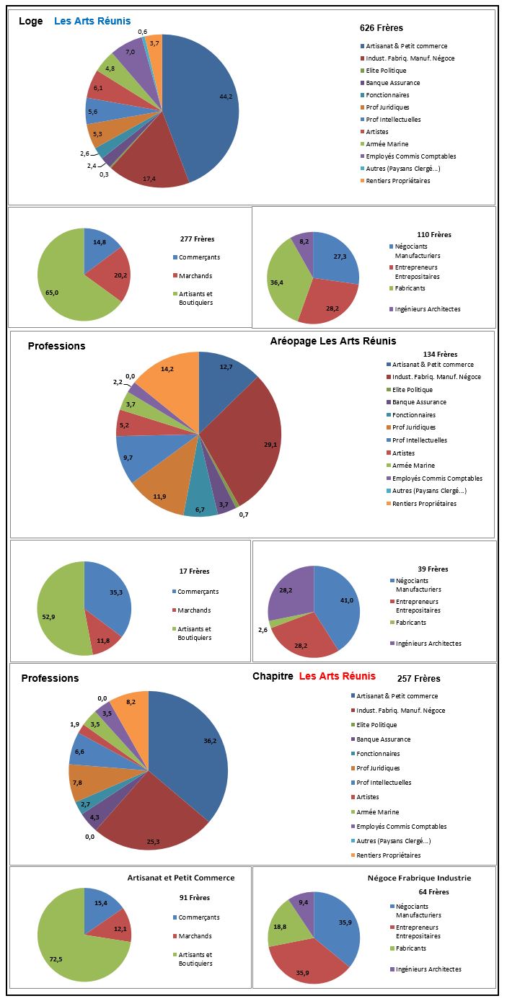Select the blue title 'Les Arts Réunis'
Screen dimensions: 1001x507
coord(92,21)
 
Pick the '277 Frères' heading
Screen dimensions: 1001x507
coord(197,239)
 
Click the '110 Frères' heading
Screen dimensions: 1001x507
coord(434,235)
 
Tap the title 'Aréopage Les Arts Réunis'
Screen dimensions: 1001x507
coord(333,341)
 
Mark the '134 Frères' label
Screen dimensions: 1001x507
coord(440,355)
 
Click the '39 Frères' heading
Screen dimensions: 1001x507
coord(433,569)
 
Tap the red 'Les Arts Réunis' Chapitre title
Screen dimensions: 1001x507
coord(337,676)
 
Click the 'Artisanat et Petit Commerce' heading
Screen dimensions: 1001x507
coord(181,878)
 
